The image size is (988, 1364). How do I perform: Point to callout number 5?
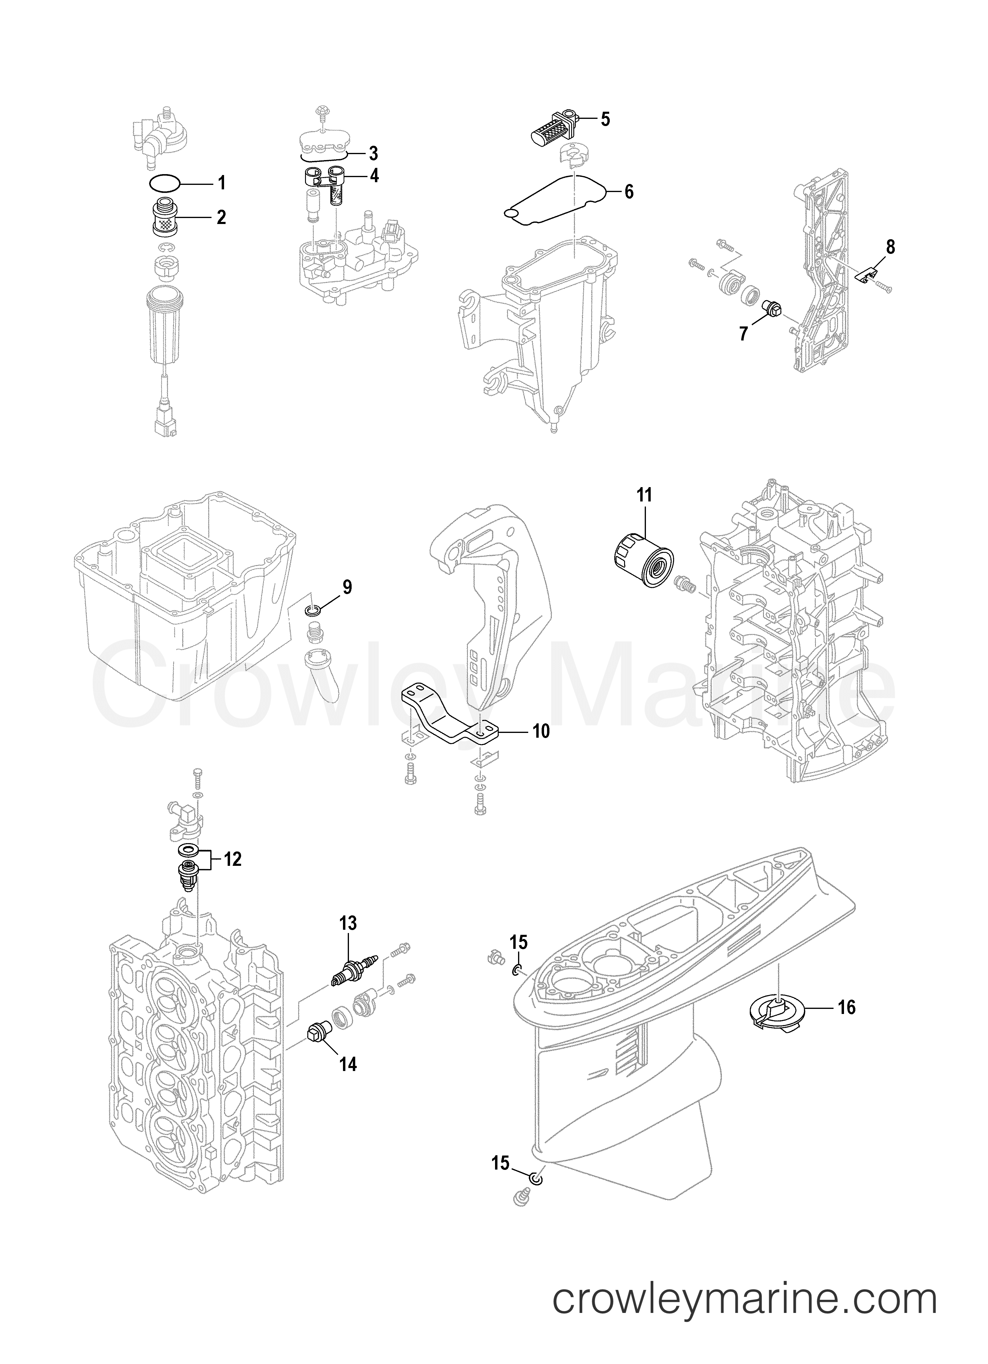605,119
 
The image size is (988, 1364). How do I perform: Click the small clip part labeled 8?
864,275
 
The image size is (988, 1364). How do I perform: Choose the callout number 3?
373,154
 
